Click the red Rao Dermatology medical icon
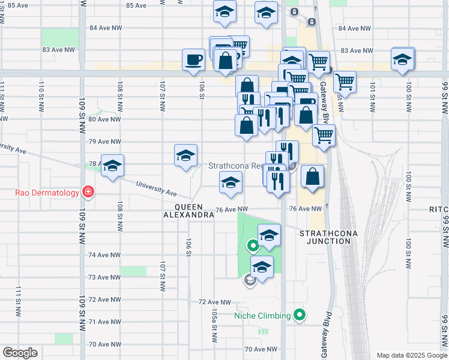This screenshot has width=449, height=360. point(88,192)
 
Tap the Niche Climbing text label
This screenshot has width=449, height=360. point(262,315)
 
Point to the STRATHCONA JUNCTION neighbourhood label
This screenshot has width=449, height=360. point(325,236)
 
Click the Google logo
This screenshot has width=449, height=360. point(20,352)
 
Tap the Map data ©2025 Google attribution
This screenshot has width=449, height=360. point(411,355)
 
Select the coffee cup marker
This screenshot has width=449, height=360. point(193,60)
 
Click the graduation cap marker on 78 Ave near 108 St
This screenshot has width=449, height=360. point(112,167)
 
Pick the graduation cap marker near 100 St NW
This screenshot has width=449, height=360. point(402,60)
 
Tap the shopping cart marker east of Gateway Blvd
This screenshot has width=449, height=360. point(345,81)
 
